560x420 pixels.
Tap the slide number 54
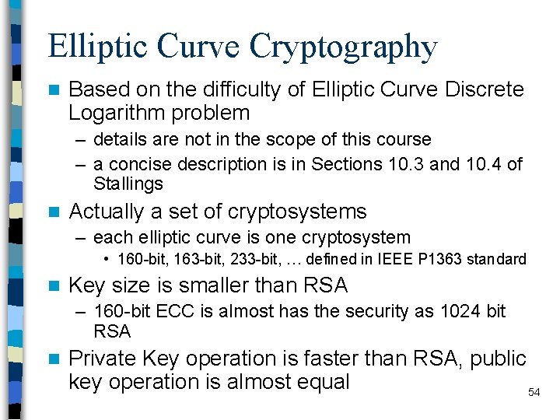[x=534, y=393]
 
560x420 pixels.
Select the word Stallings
[x=128, y=184]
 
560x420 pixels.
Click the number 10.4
[x=481, y=164]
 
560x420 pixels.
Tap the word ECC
[x=160, y=312]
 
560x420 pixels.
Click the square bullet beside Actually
[x=53, y=212]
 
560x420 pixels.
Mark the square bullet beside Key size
[x=53, y=286]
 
